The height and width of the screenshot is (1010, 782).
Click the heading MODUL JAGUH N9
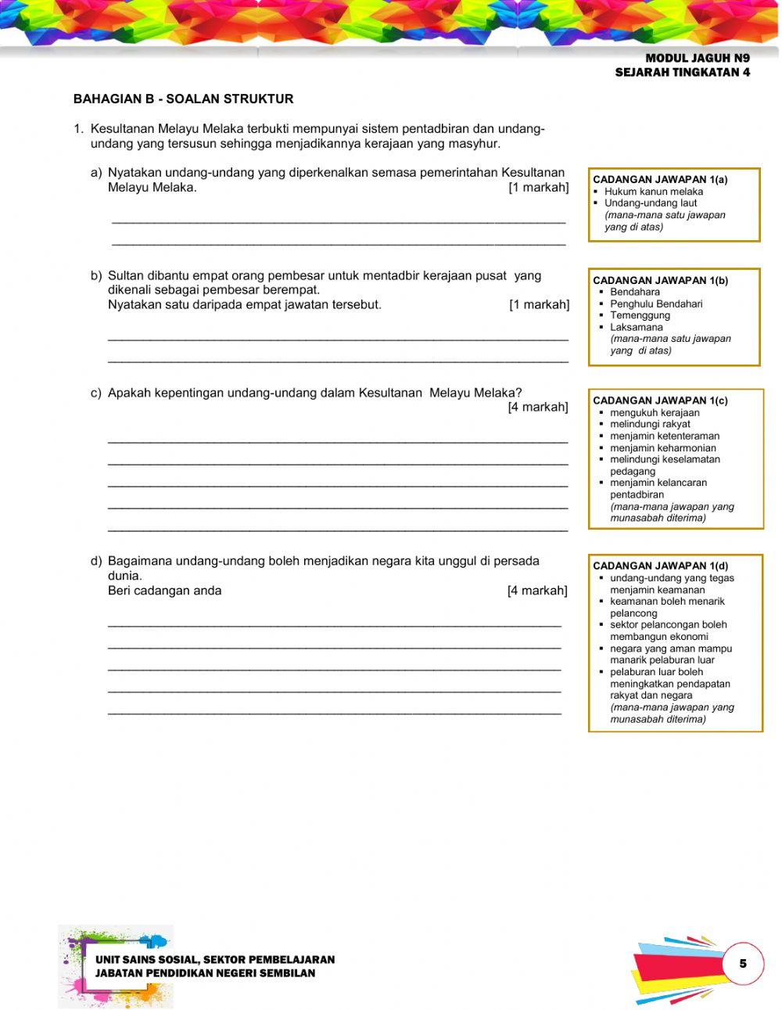(x=698, y=58)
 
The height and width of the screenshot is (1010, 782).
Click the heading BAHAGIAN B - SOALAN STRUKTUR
(x=183, y=99)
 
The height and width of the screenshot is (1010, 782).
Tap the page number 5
(x=742, y=963)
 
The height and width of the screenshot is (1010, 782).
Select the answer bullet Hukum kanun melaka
(x=653, y=192)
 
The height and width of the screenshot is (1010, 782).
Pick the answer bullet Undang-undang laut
(x=650, y=203)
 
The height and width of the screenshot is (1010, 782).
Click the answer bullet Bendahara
(x=635, y=292)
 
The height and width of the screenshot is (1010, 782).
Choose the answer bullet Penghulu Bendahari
(x=656, y=304)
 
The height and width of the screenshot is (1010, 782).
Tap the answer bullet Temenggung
(x=640, y=315)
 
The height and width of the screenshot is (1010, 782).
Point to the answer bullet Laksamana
(x=636, y=327)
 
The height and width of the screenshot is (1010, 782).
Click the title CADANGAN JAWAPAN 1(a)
(x=660, y=180)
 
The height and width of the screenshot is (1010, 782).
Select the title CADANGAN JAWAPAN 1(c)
(x=660, y=401)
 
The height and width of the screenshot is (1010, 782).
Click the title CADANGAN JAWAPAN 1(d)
(x=660, y=566)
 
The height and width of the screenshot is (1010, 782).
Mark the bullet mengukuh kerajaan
(x=655, y=413)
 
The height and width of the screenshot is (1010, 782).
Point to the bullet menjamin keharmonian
(x=663, y=448)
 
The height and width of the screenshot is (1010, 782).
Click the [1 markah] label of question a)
(x=538, y=188)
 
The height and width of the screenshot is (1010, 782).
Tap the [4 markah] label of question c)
(x=538, y=407)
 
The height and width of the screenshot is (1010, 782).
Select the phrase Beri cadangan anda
(x=164, y=591)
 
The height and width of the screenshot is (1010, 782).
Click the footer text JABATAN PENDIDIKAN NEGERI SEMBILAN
(x=205, y=973)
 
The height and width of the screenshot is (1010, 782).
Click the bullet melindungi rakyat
(x=650, y=424)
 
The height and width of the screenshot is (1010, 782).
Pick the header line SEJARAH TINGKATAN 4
(x=682, y=73)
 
